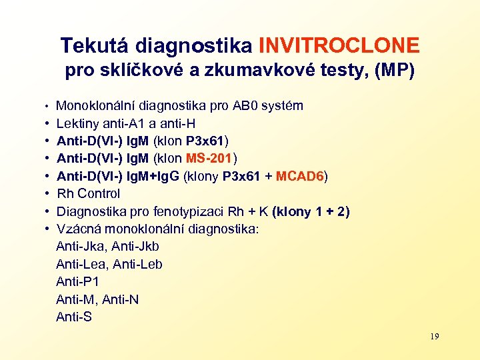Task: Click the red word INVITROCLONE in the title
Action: (339, 45)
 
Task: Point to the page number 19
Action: (434, 337)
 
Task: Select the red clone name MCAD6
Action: (300, 176)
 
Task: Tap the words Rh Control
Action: (88, 194)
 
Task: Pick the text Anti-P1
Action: (77, 282)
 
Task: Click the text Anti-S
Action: (74, 317)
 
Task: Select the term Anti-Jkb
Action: (136, 247)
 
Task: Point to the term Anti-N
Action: (121, 300)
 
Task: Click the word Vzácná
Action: (78, 229)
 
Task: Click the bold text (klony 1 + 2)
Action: (311, 212)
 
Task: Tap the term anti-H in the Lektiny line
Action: (179, 123)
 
